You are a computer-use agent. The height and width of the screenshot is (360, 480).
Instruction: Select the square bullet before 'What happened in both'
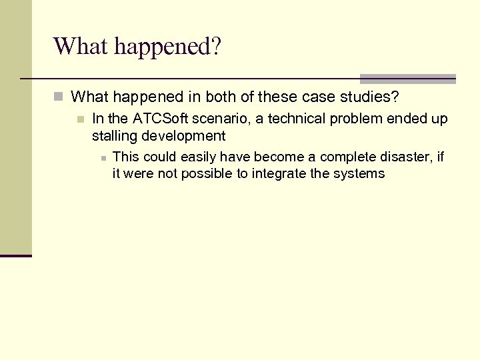pyautogui.click(x=59, y=97)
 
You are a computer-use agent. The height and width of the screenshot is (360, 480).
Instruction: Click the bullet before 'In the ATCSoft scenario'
pyautogui.click(x=80, y=119)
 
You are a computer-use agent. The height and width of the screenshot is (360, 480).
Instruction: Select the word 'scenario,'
pyautogui.click(x=219, y=119)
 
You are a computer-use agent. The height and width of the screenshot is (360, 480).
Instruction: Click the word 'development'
pyautogui.click(x=183, y=136)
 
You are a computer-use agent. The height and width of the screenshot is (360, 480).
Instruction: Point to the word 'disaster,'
pyautogui.click(x=407, y=157)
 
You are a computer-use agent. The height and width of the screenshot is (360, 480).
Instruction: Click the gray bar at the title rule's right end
pyautogui.click(x=407, y=79)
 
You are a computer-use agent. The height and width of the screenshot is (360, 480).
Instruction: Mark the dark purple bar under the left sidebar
pyautogui.click(x=16, y=255)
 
